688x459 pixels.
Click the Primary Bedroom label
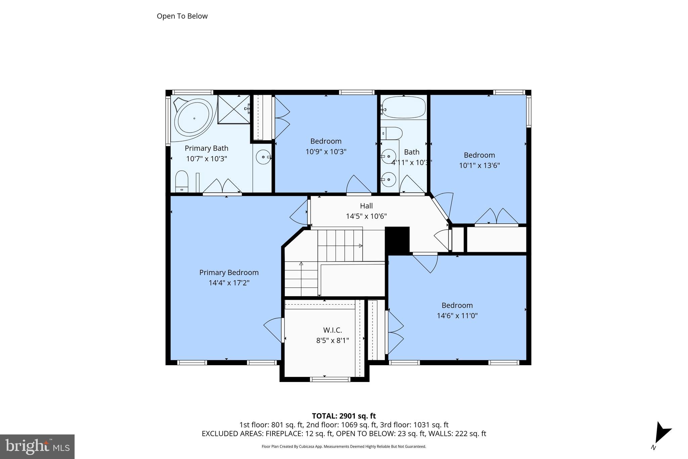click(229, 272)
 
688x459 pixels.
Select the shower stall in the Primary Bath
click(234, 109)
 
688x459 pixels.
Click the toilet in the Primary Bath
click(182, 182)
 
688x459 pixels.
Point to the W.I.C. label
click(332, 330)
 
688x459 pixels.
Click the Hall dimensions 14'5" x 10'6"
click(366, 216)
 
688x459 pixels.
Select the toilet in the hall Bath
click(392, 133)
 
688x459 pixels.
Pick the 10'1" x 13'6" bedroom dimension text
click(479, 165)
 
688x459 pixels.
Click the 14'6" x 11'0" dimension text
click(457, 316)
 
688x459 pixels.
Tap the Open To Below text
click(182, 16)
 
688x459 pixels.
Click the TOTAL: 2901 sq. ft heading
click(344, 416)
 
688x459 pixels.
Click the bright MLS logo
click(37, 447)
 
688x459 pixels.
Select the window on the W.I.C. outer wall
click(330, 379)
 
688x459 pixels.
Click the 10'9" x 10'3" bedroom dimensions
click(326, 152)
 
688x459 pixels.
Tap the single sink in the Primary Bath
click(263, 157)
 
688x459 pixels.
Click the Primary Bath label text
click(206, 148)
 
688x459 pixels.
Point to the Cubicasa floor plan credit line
click(344, 447)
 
